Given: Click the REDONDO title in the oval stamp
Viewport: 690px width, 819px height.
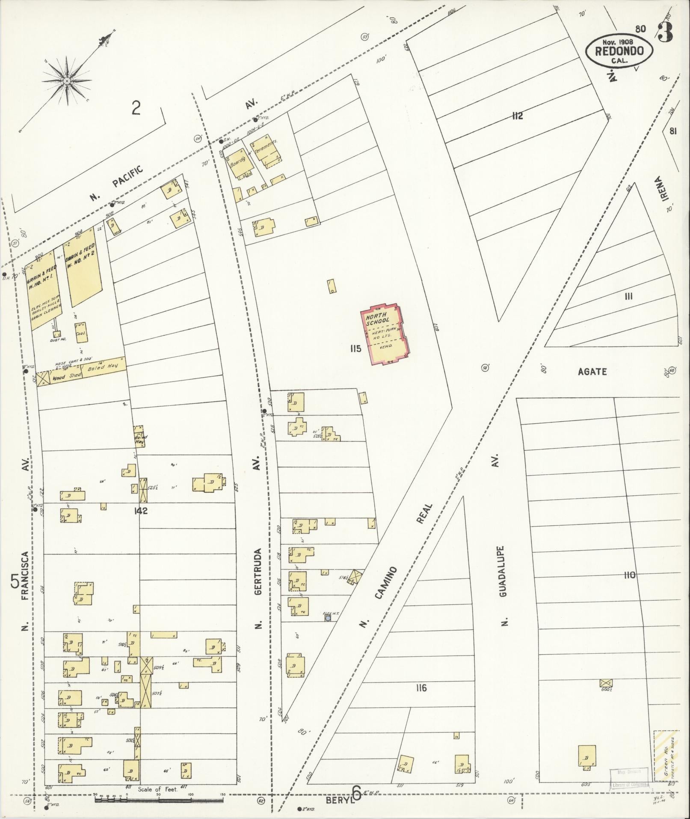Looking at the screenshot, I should point(619,51).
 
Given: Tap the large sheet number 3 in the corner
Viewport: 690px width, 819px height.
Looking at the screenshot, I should point(666,32).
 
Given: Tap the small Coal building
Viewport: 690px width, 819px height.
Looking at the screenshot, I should point(82,333).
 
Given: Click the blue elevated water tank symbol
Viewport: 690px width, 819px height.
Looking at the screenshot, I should point(328,618).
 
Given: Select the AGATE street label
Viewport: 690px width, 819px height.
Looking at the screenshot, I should point(592,372).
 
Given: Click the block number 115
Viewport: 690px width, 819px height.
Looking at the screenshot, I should point(355,348).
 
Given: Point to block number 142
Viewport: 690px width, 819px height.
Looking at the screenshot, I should point(140,511).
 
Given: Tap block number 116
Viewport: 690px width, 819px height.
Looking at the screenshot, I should point(421,688).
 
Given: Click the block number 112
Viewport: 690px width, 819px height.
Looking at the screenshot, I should point(517,116).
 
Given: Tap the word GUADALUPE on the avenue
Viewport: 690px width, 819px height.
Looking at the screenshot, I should point(503,571).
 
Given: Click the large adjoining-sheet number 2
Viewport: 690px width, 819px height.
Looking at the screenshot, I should point(136,108).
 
